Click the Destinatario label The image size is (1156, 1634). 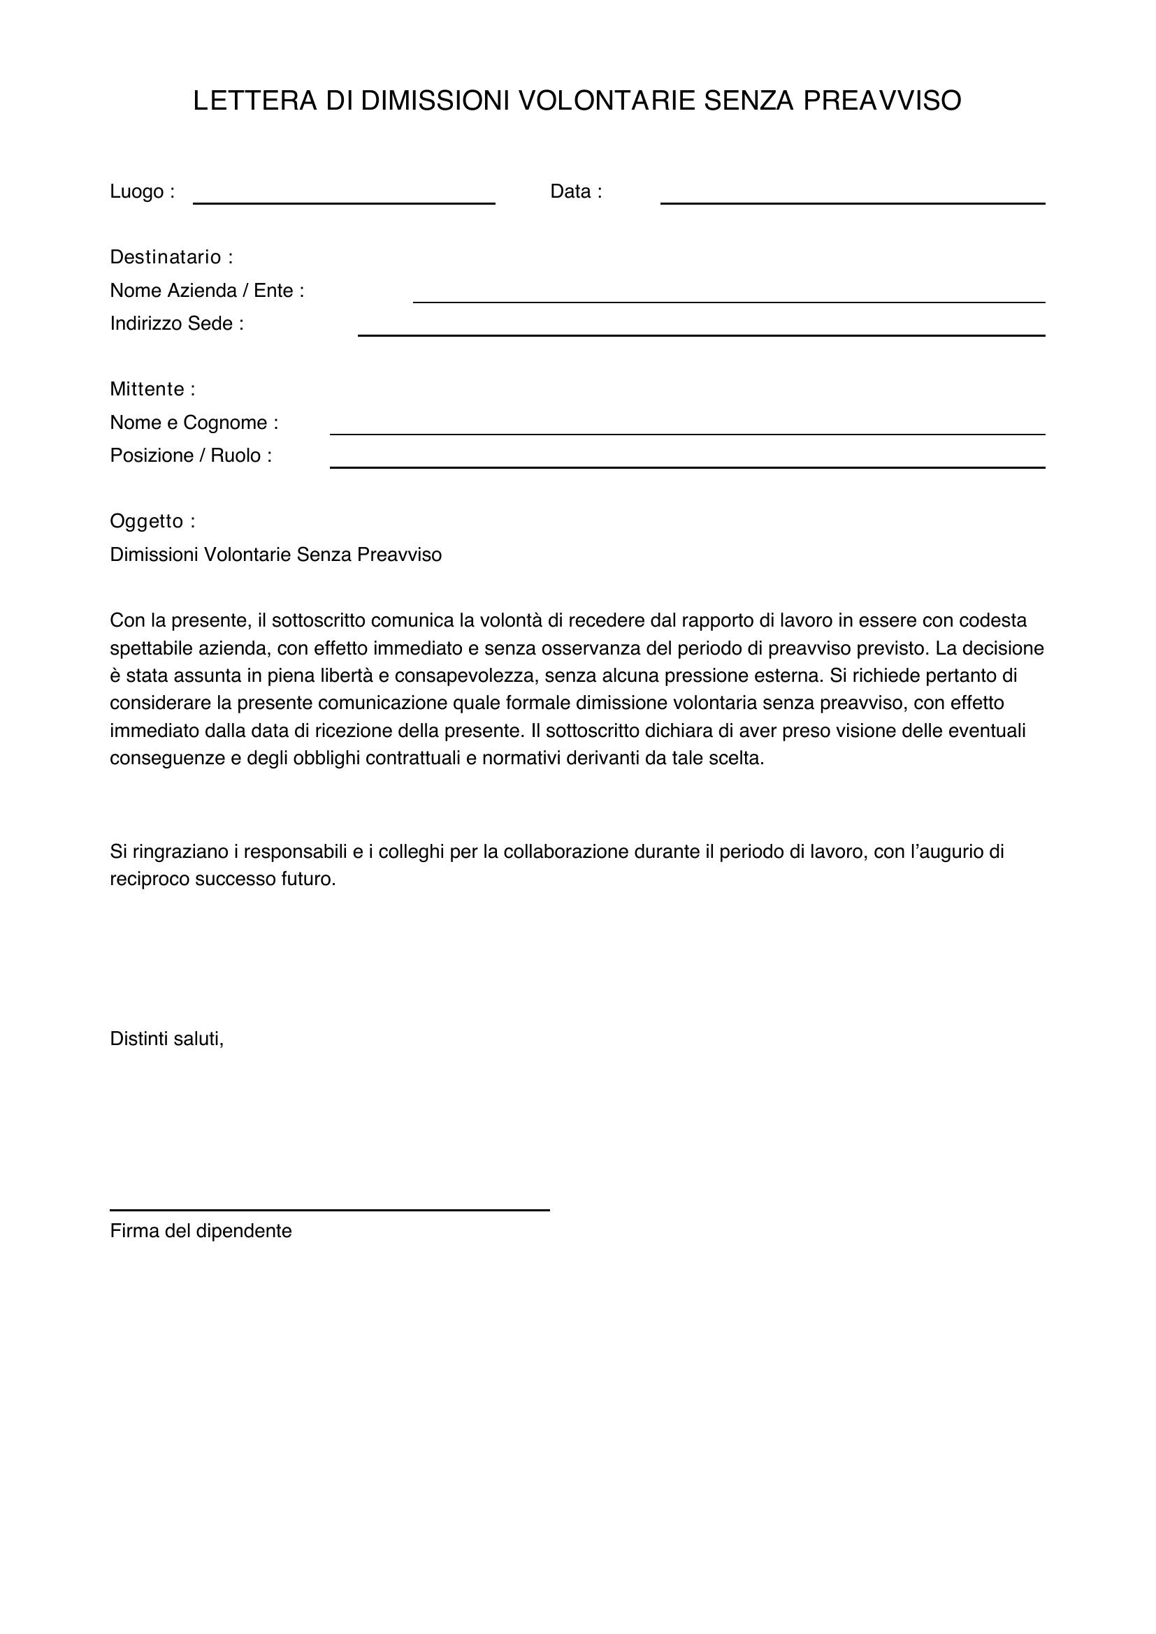click(171, 257)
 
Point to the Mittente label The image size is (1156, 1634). click(152, 389)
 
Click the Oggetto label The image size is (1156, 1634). click(152, 522)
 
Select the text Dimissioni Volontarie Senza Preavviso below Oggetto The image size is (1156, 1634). click(275, 555)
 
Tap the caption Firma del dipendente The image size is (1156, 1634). click(201, 1231)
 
